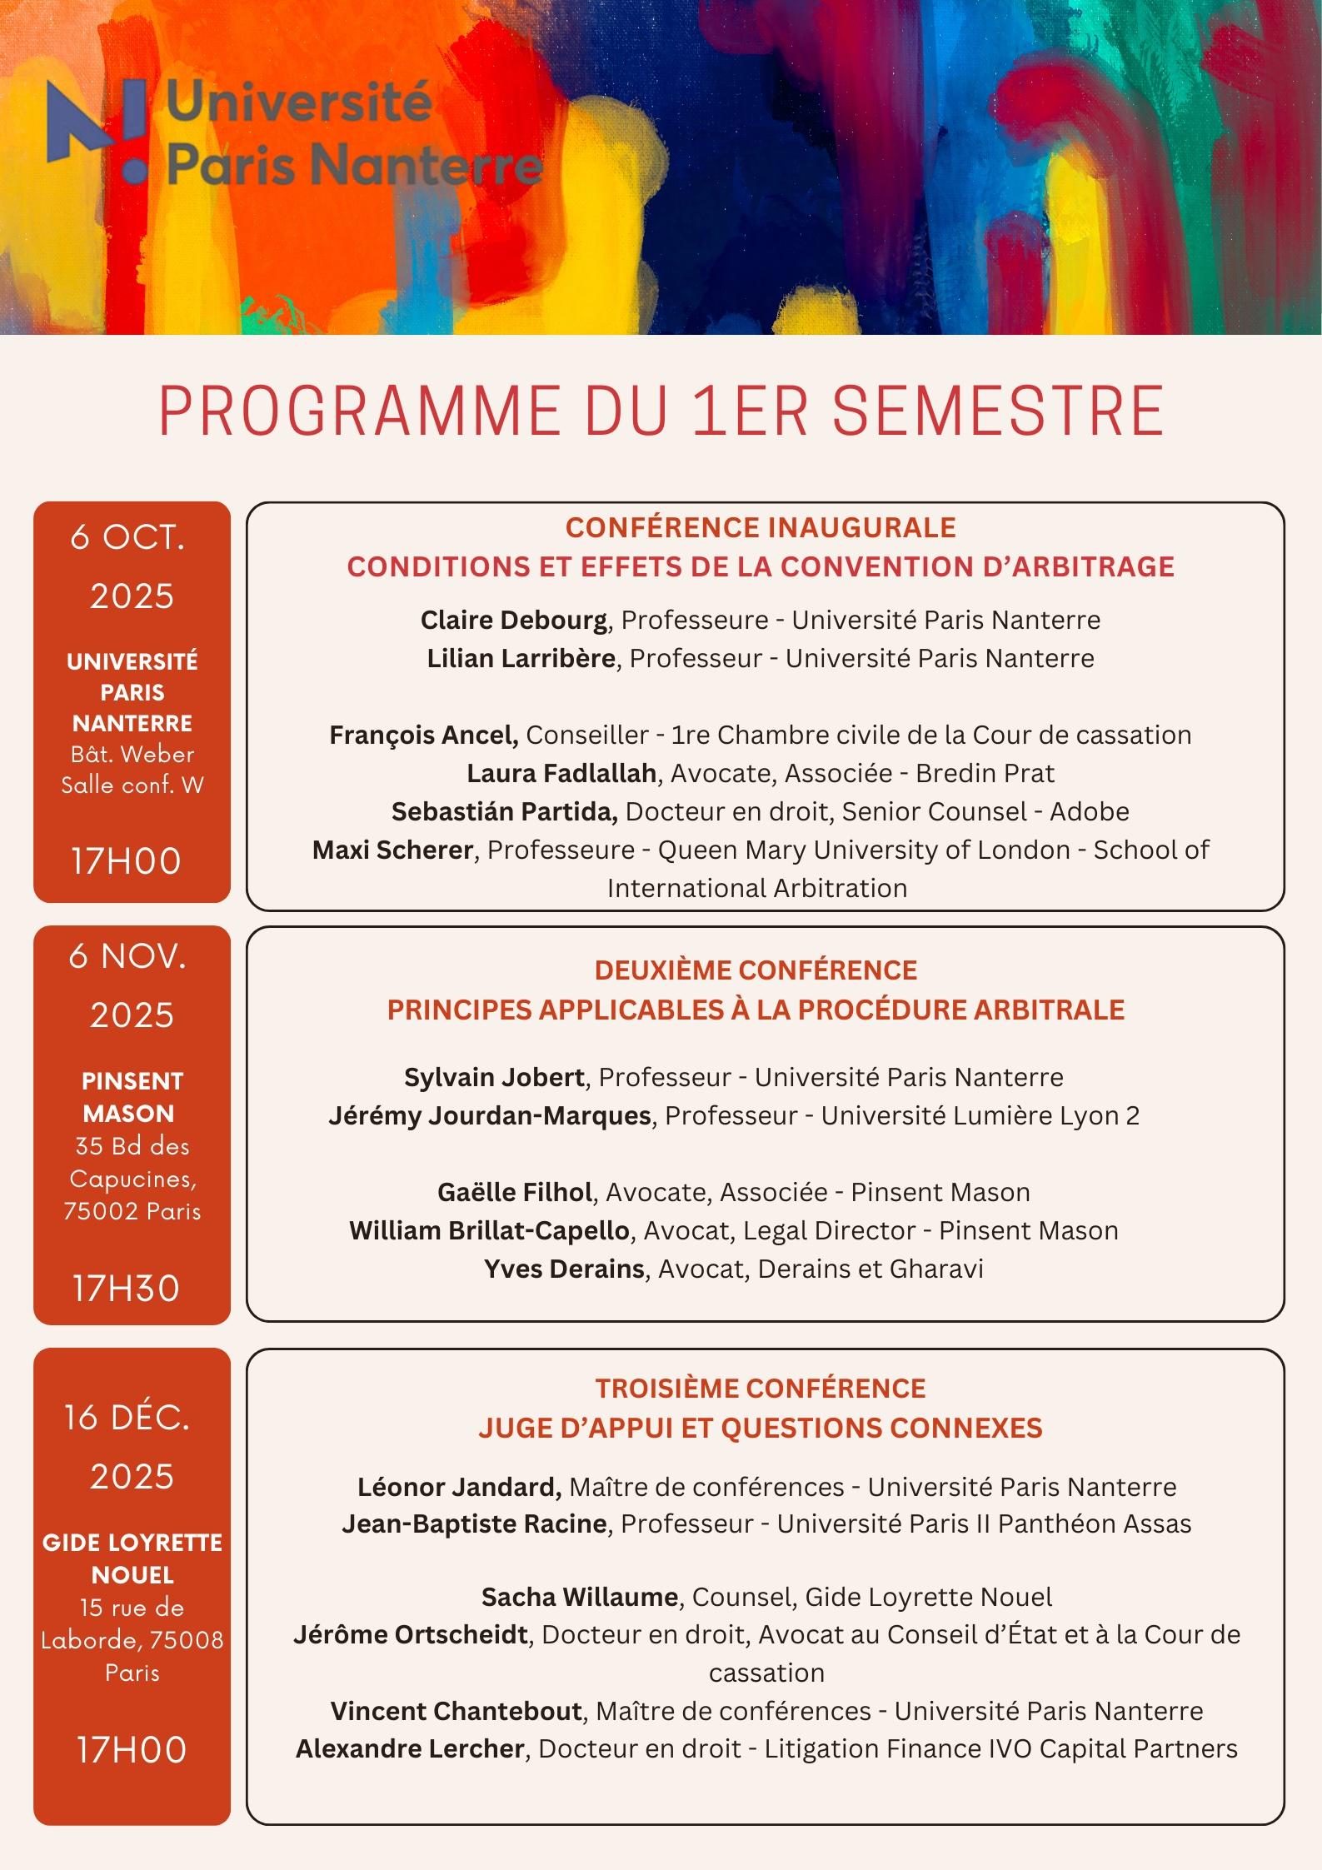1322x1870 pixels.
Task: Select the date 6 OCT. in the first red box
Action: [x=128, y=537]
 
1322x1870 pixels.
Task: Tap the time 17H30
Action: [x=127, y=1288]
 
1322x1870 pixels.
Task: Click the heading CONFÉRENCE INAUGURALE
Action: [x=761, y=527]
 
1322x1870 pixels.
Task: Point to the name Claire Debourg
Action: [x=513, y=620]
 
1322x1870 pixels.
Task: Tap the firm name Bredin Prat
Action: [x=985, y=773]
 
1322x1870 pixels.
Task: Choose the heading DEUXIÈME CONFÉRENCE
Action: [x=756, y=970]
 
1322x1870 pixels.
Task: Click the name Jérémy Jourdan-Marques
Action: [x=490, y=1115]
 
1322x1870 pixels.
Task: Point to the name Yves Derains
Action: [x=564, y=1269]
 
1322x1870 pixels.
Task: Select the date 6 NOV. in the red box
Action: [x=128, y=956]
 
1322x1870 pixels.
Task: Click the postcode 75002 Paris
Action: [x=132, y=1210]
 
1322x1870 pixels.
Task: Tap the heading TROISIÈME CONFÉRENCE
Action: [x=761, y=1388]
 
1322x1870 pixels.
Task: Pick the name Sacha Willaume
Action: [x=580, y=1597]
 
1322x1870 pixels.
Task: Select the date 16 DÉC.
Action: [x=128, y=1417]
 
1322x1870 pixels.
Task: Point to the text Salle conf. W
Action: [x=132, y=785]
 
